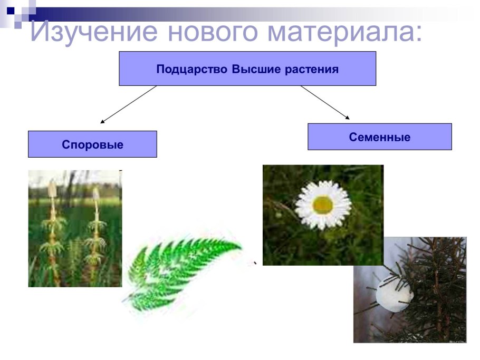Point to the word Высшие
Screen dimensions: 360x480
click(252, 69)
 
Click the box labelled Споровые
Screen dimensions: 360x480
click(92, 144)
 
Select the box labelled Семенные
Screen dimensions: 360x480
click(379, 137)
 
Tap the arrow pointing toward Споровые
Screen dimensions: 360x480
click(128, 104)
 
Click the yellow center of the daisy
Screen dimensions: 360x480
click(323, 205)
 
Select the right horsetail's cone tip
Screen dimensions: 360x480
click(96, 194)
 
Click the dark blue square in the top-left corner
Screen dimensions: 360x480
click(10, 10)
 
